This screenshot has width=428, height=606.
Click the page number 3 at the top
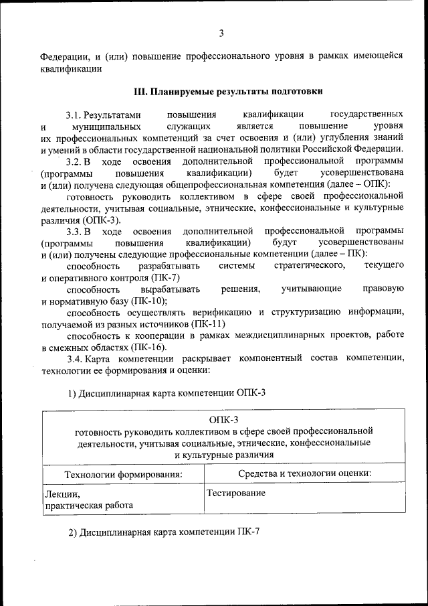tap(221, 33)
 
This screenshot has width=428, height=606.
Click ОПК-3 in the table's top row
tap(223, 419)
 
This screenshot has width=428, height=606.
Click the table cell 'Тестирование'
tap(235, 494)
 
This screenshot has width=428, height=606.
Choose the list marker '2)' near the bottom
tap(73, 533)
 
